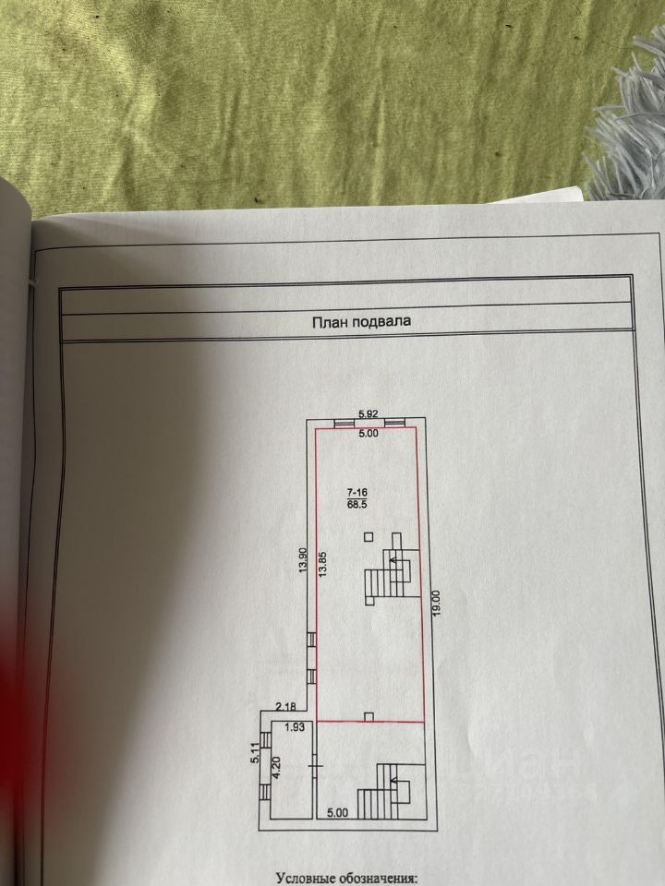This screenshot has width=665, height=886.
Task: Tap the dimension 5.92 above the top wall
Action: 369,413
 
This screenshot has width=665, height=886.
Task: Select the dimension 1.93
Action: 294,728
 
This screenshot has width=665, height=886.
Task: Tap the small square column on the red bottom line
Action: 369,716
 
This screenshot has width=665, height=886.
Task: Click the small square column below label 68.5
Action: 369,535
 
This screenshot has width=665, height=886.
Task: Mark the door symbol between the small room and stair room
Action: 315,764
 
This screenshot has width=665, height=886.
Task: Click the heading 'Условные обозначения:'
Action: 346,879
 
